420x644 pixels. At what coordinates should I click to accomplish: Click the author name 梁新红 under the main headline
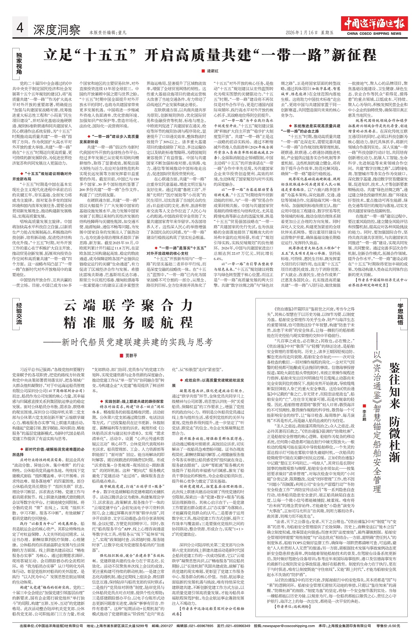(x=213, y=71)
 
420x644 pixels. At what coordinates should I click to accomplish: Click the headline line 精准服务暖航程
(x=128, y=323)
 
